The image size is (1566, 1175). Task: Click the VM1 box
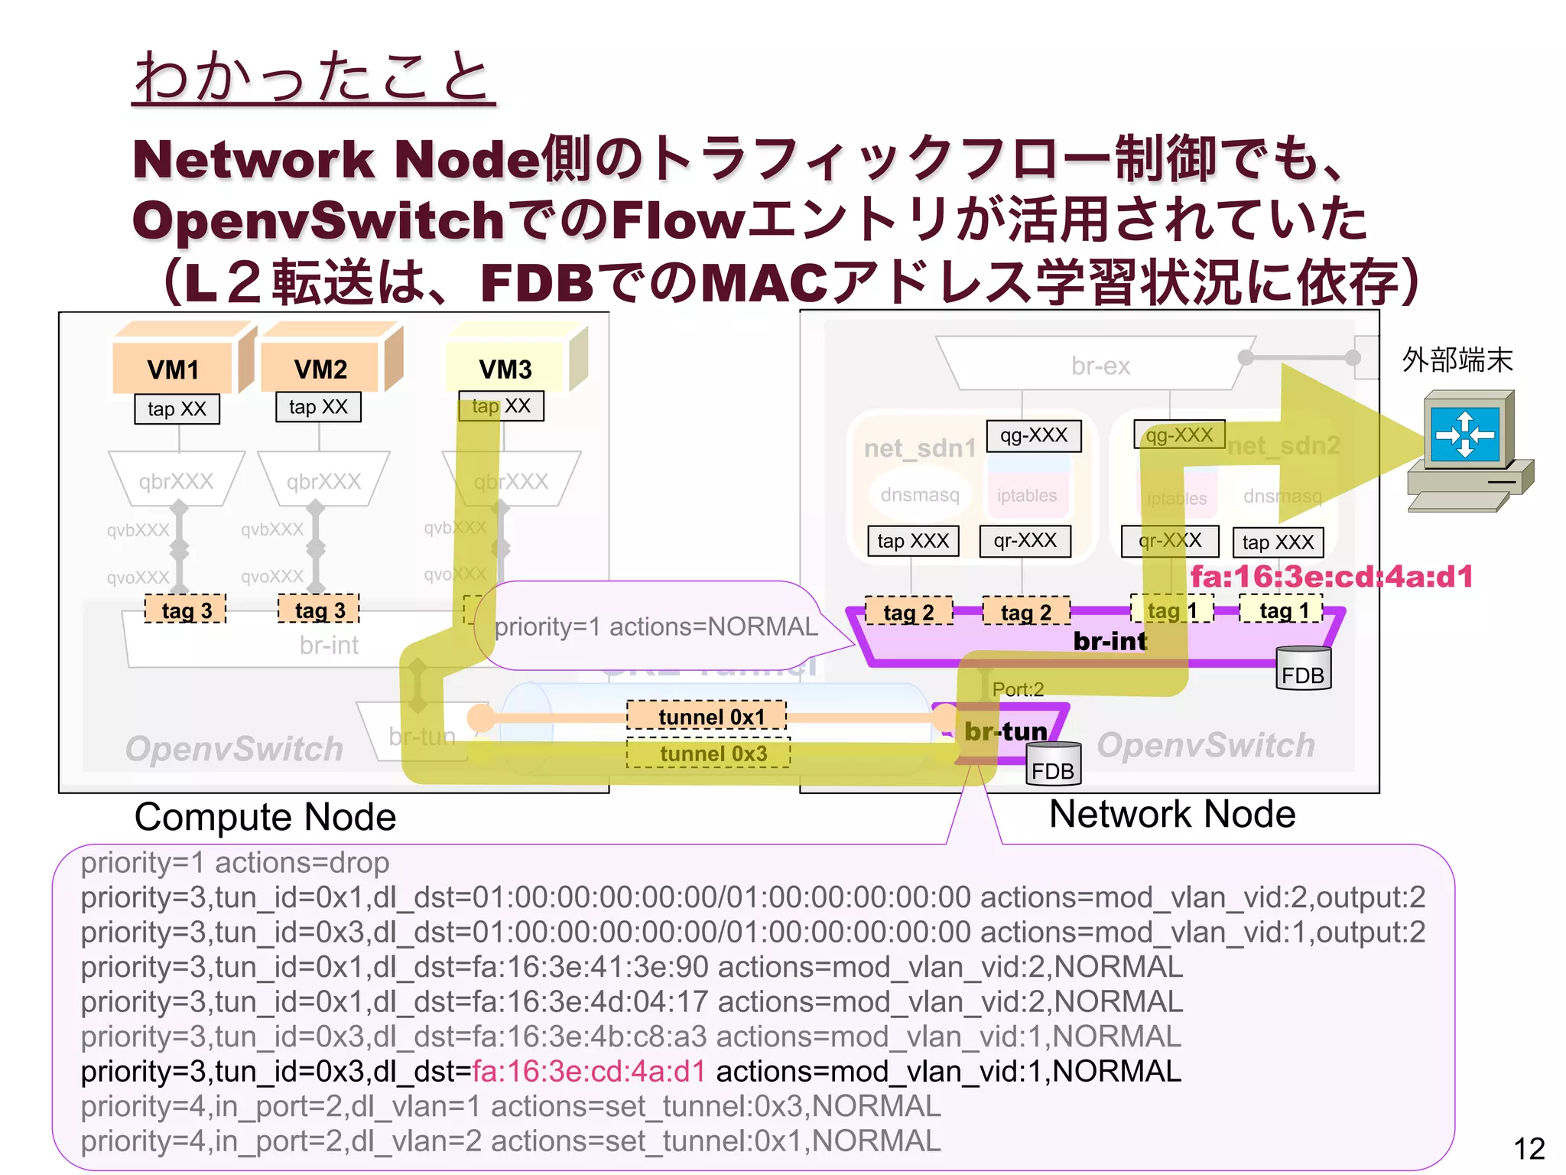pos(174,369)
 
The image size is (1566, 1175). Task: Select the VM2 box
pos(320,369)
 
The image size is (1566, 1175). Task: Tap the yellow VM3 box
pos(505,369)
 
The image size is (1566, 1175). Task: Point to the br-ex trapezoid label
pos(1100,366)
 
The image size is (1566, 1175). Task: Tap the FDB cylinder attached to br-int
pos(1304,669)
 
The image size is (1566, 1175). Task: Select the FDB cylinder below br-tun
pos(1053,765)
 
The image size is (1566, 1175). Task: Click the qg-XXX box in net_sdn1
pos(1034,436)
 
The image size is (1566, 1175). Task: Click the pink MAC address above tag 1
pos(1331,577)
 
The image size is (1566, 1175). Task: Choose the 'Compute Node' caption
pos(265,817)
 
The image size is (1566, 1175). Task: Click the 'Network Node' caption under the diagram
pos(1172,814)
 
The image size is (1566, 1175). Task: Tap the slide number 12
pos(1529,1148)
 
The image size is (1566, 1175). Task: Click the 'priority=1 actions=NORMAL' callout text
pos(656,627)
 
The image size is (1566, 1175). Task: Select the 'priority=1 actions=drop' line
pos(236,863)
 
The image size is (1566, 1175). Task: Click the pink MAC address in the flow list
pos(589,1072)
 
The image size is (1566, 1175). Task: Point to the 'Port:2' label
pos(1018,689)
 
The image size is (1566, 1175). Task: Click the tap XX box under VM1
pos(177,409)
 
